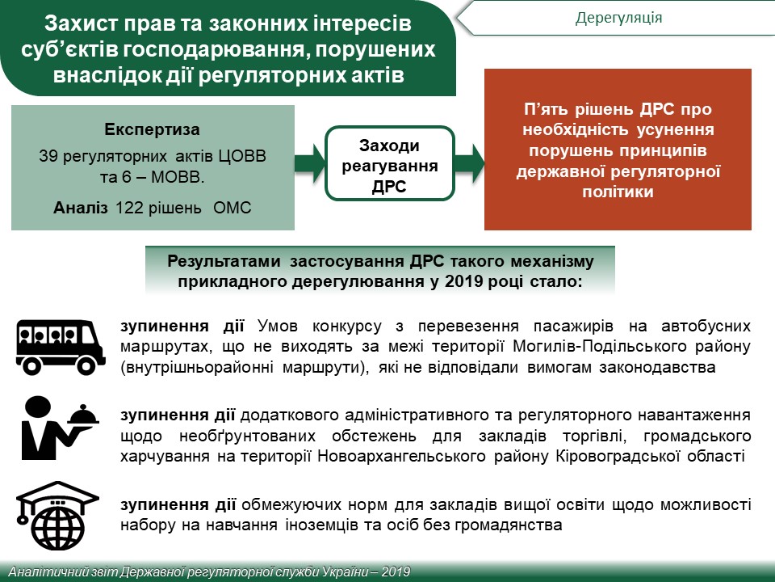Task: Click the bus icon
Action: point(61,347)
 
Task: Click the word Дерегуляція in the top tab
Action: point(618,18)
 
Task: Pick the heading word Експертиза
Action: point(153,129)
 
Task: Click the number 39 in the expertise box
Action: point(48,156)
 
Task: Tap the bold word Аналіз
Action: point(80,208)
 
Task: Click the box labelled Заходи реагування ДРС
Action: point(389,163)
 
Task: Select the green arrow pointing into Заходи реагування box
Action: point(310,163)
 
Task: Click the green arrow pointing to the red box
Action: point(470,163)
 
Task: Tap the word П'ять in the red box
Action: point(546,109)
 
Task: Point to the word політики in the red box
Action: point(618,192)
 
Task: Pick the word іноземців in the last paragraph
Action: point(321,525)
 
